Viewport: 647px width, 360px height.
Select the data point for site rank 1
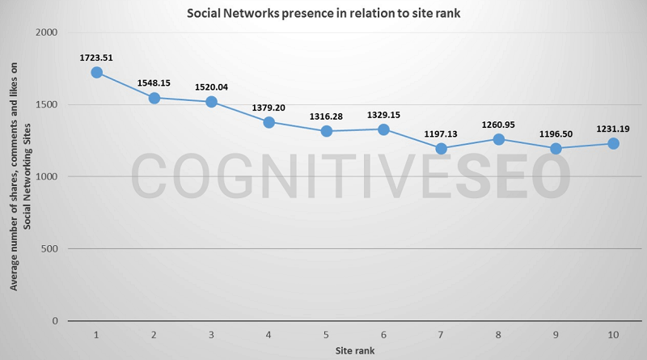(x=96, y=73)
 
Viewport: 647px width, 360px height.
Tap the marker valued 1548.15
(x=154, y=98)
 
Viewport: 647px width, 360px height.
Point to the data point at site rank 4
(x=269, y=122)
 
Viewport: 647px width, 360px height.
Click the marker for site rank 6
(x=383, y=129)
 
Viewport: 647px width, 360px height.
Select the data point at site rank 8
(x=498, y=139)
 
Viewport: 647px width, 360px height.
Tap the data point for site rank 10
(x=613, y=143)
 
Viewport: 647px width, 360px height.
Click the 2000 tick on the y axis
(x=48, y=32)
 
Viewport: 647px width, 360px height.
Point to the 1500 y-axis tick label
(x=48, y=104)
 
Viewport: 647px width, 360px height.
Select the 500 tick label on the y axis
(x=51, y=248)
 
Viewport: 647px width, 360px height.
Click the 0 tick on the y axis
(x=55, y=320)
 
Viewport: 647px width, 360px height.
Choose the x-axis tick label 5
(x=326, y=334)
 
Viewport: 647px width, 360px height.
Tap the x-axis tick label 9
(x=556, y=334)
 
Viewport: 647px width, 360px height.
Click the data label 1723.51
(x=96, y=57)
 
